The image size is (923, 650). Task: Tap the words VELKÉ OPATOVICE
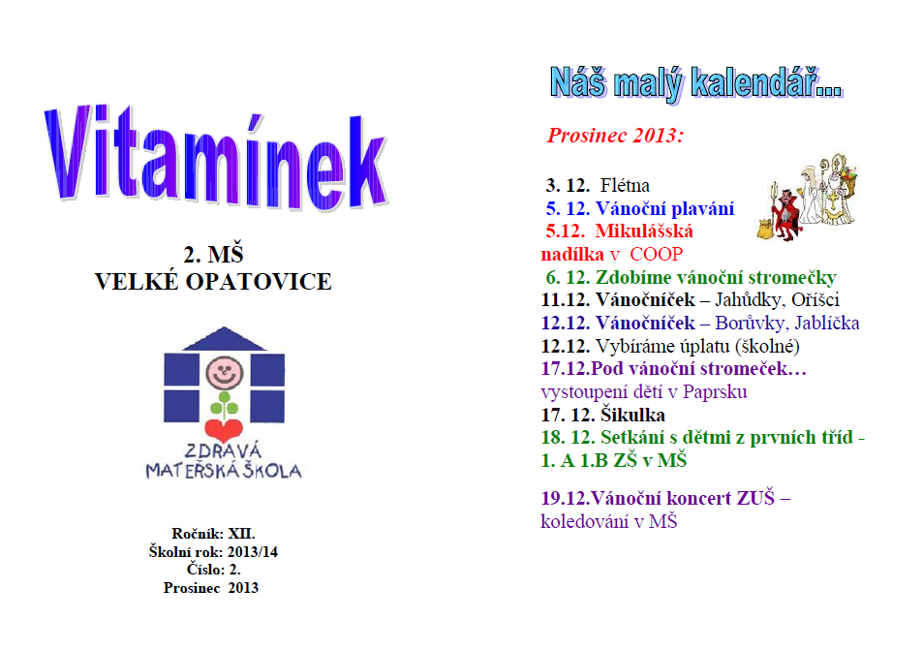coord(213,282)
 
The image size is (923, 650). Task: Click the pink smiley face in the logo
coord(225,372)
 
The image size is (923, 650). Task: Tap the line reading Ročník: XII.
coord(213,534)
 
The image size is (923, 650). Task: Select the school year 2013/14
coord(253,551)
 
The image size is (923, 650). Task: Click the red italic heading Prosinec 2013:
coord(615,136)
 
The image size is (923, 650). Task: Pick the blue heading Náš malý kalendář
coord(696,83)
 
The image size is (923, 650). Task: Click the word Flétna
coord(625,185)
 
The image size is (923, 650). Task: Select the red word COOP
coord(657,255)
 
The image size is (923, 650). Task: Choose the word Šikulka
coord(633,415)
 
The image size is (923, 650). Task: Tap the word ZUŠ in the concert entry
coord(755,498)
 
